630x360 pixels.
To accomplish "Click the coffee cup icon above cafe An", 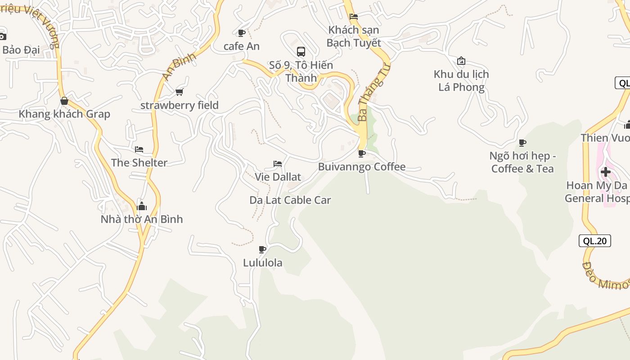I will click(241, 33).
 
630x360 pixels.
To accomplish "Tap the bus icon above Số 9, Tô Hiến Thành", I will click(301, 52).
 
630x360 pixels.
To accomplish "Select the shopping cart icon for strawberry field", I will click(180, 92).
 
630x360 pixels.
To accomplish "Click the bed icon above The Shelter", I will click(139, 149).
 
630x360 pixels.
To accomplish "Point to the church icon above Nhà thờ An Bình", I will click(142, 206).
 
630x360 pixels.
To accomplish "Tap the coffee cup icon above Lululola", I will click(262, 249).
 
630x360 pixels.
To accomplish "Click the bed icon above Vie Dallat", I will click(278, 164).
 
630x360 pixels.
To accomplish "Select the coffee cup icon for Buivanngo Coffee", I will click(361, 153).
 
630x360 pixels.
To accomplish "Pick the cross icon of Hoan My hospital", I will click(606, 171).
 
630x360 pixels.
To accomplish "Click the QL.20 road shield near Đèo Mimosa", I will click(594, 241).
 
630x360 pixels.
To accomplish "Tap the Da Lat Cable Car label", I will click(290, 200).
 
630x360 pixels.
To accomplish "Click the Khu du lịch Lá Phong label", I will click(461, 81).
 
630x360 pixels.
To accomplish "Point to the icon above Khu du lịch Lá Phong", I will click(461, 61).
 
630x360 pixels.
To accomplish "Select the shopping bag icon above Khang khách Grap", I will click(64, 101).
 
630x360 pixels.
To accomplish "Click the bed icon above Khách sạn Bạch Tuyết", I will click(354, 17).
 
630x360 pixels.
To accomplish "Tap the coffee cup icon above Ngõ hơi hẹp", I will click(522, 143).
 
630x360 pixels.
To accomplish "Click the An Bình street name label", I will click(180, 67).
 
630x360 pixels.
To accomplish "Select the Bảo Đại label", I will click(21, 49).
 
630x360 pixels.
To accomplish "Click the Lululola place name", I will click(263, 263).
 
